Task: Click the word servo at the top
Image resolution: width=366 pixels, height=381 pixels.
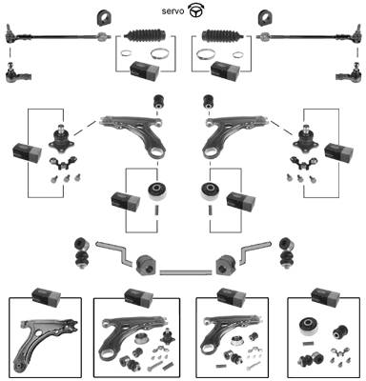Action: click(173, 11)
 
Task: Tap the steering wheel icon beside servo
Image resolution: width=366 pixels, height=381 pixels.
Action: click(196, 11)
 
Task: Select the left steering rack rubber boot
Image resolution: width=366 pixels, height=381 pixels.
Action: click(145, 35)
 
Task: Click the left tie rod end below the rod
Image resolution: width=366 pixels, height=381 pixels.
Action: click(18, 73)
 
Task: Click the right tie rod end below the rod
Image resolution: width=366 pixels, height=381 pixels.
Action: click(349, 73)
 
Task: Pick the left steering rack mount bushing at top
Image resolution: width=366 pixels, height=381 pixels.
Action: click(104, 18)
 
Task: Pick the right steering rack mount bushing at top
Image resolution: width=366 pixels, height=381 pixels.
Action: click(265, 18)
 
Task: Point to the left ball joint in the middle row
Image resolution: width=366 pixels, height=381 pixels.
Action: click(61, 137)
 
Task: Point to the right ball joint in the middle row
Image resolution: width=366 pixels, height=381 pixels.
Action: click(306, 137)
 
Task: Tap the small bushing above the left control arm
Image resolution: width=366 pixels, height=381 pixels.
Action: click(158, 101)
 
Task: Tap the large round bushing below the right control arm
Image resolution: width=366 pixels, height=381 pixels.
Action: click(210, 190)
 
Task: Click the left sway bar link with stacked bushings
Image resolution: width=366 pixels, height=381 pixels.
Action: click(80, 252)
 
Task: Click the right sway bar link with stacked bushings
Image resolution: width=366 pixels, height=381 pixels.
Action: click(287, 252)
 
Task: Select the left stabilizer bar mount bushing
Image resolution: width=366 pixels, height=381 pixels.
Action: click(146, 266)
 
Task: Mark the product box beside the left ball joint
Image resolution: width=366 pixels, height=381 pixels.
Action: click(27, 152)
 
